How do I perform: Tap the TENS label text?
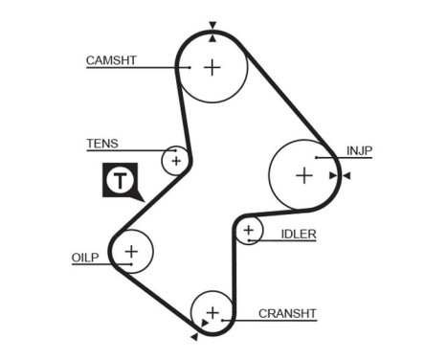(x=102, y=144)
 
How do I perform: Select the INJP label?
(x=359, y=150)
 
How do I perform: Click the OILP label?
(x=85, y=257)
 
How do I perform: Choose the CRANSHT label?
(x=287, y=313)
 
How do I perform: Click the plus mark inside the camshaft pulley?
(x=212, y=67)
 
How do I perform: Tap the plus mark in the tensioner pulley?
(x=175, y=160)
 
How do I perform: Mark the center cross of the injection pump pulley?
(x=304, y=175)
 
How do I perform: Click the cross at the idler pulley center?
(x=249, y=230)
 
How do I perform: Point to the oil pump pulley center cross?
(x=131, y=252)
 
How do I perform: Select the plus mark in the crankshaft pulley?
(x=212, y=312)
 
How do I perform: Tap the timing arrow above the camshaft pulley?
(x=212, y=26)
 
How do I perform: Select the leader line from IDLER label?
(x=282, y=240)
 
